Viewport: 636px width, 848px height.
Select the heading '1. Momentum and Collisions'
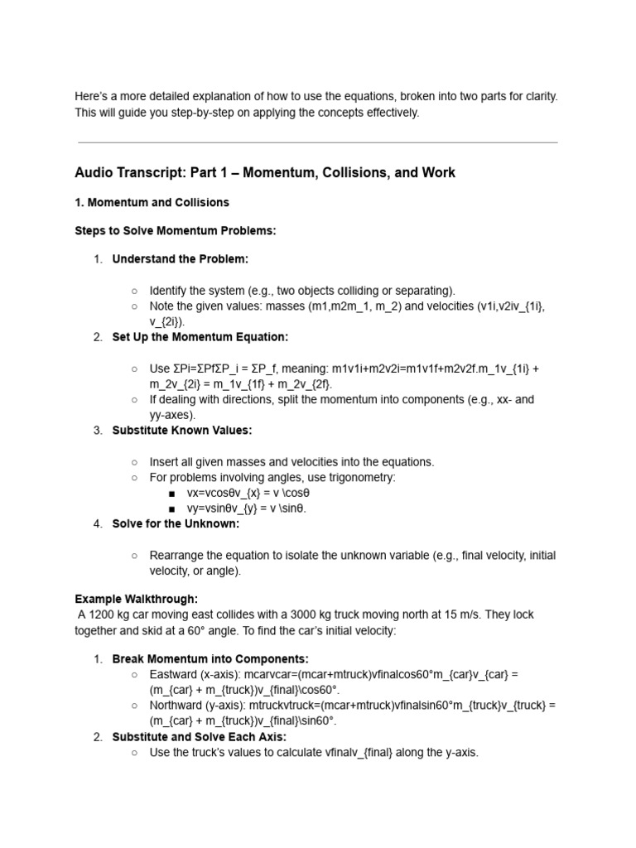pos(152,202)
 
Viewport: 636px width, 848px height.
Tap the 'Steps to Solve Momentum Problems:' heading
pos(175,230)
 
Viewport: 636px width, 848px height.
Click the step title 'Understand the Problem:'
pos(180,259)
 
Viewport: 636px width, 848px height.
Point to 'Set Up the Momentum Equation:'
pos(200,337)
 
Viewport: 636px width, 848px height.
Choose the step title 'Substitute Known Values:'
pos(181,431)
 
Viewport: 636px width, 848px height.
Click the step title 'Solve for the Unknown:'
pos(176,524)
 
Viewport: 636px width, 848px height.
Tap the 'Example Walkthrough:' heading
pos(136,599)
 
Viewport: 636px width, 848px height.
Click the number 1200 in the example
pos(103,614)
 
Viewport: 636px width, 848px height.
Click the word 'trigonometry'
pos(361,478)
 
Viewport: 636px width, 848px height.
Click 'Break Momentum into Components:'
pos(210,659)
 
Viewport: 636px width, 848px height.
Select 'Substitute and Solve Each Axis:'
pos(199,737)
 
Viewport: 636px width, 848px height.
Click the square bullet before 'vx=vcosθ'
pos(171,494)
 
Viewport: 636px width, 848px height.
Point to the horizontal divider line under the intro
pos(317,142)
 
